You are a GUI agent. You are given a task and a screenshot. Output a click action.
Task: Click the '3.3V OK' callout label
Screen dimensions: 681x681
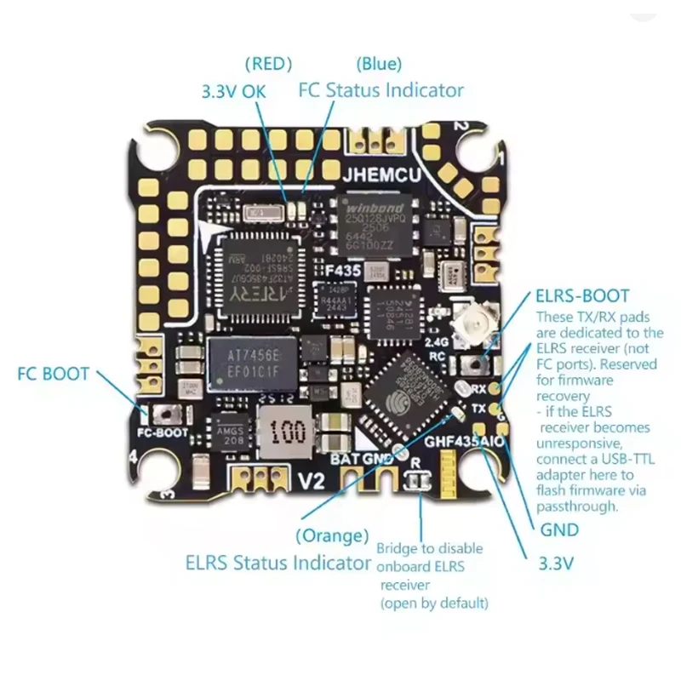pyautogui.click(x=232, y=91)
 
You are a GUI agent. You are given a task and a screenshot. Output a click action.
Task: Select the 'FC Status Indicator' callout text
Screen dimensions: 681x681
pyautogui.click(x=381, y=90)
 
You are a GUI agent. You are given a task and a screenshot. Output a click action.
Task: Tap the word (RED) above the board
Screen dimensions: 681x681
pyautogui.click(x=267, y=63)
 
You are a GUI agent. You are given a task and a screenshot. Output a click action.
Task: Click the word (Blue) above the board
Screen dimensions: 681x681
pyautogui.click(x=379, y=63)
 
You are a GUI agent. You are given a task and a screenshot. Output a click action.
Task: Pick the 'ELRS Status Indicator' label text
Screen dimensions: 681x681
pyautogui.click(x=278, y=563)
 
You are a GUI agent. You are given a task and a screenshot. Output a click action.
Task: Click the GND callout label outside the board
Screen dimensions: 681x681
pyautogui.click(x=559, y=530)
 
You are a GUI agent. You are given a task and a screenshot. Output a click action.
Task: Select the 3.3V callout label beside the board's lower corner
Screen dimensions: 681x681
pyautogui.click(x=558, y=563)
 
